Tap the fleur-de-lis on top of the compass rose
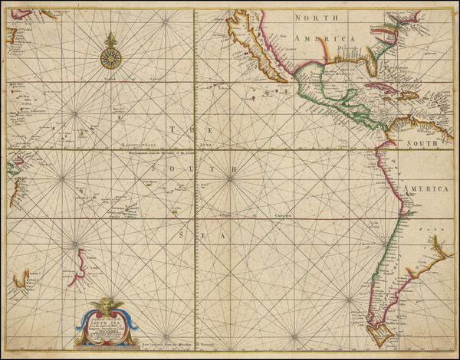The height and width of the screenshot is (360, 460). tap(110, 38)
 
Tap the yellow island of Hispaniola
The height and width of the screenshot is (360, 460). tap(408, 95)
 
